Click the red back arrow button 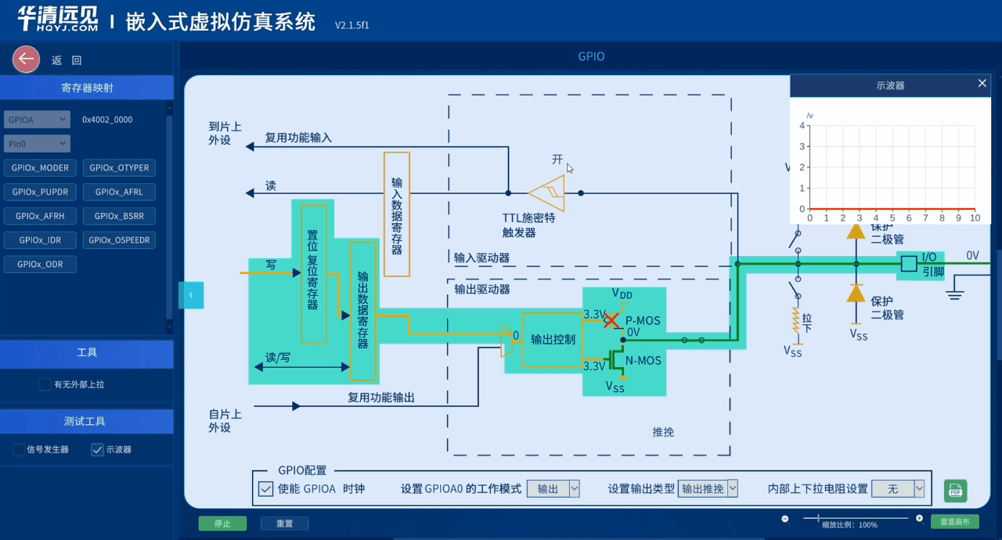[x=26, y=59]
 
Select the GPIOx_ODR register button [x=40, y=265]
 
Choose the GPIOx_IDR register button [x=40, y=240]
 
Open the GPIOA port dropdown [x=37, y=120]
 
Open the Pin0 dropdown [x=37, y=144]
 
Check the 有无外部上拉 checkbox [x=45, y=384]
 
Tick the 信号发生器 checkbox [x=19, y=449]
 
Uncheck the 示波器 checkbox [x=97, y=449]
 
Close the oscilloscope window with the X [x=982, y=84]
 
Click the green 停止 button [x=222, y=524]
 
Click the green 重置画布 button [x=954, y=522]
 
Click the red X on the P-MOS [x=611, y=320]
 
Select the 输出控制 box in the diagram [x=552, y=340]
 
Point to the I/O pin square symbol [x=908, y=264]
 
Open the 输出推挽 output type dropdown [x=708, y=488]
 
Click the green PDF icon [x=955, y=491]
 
